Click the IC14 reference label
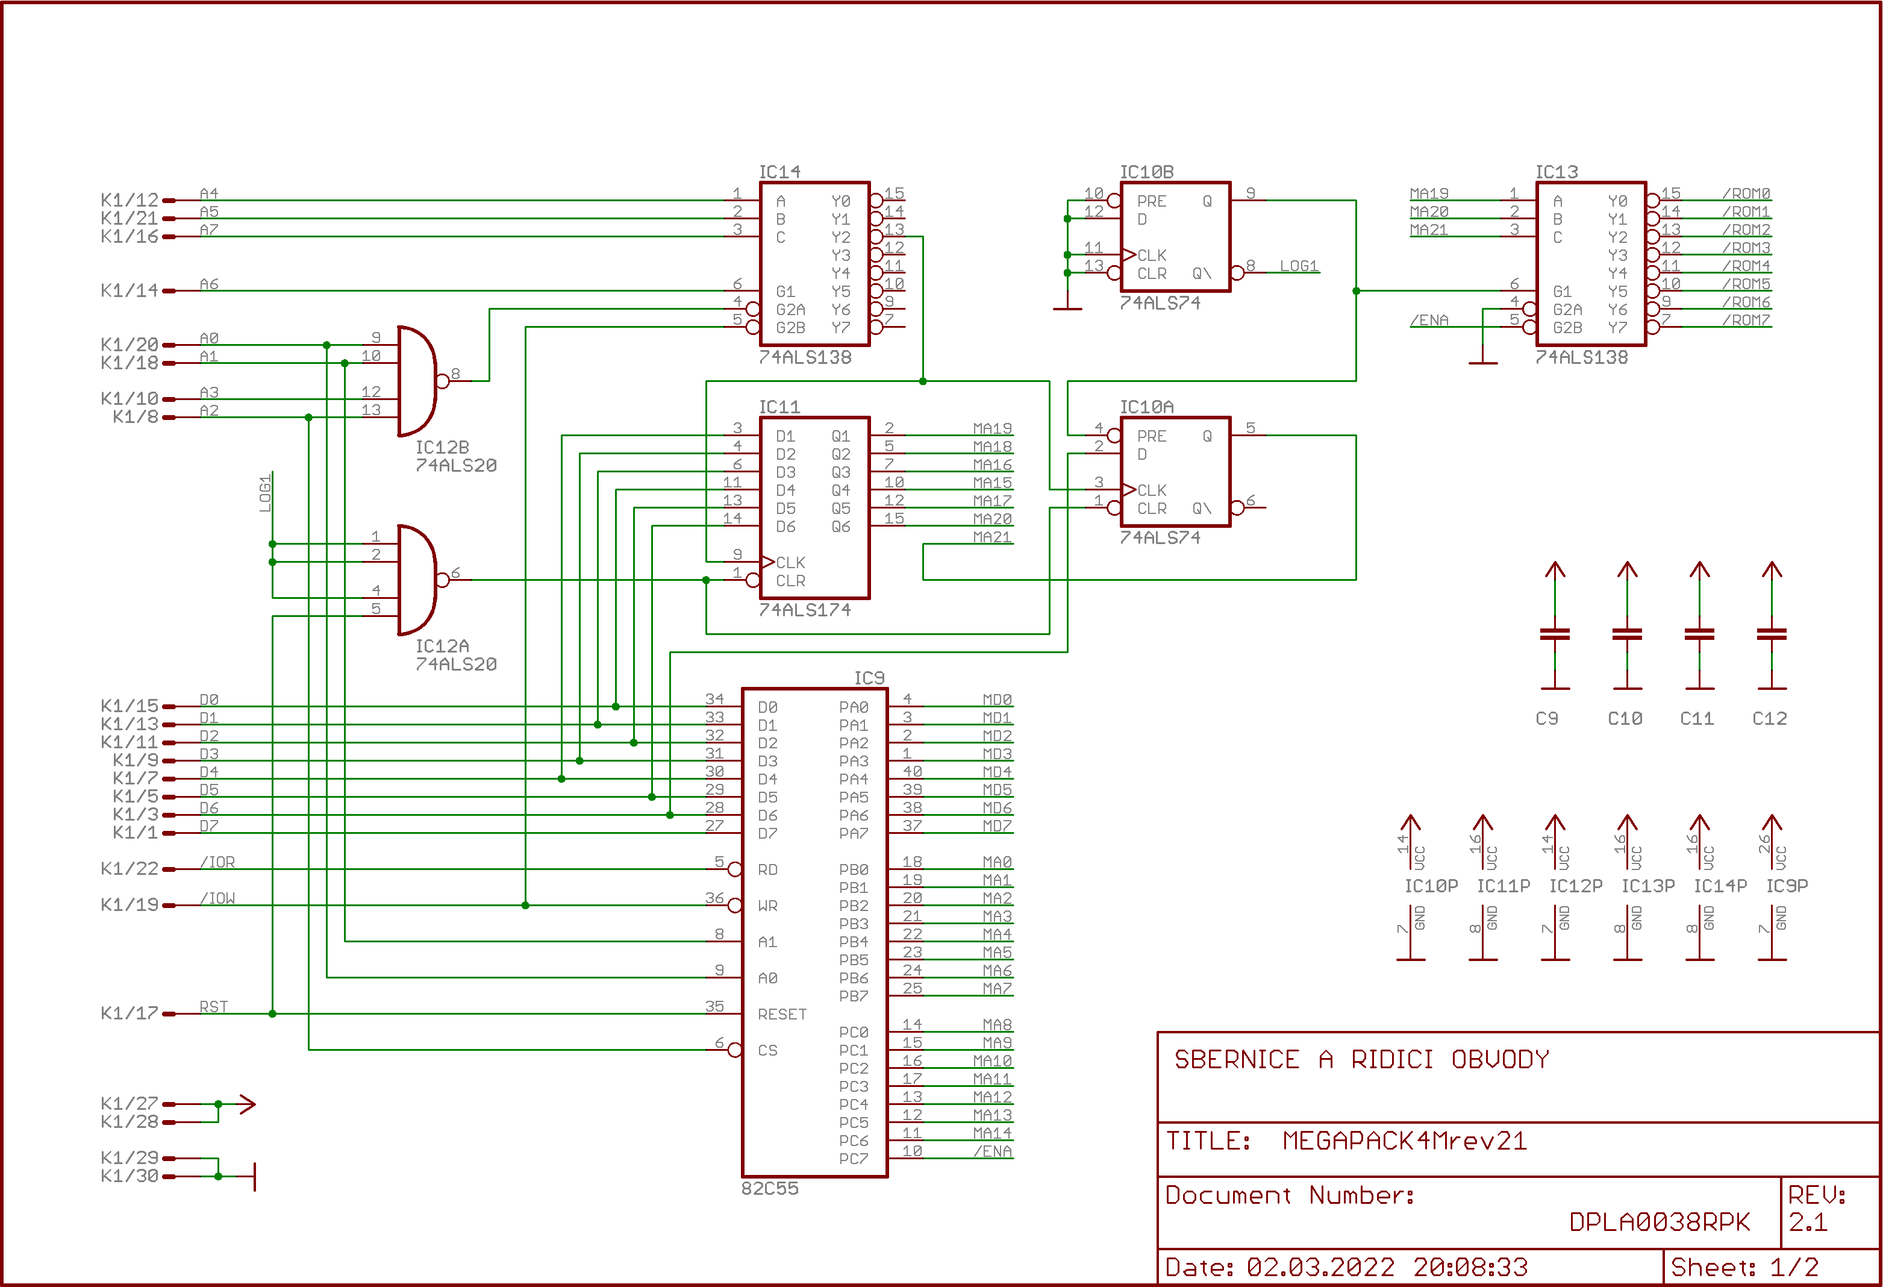[779, 172]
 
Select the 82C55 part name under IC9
[770, 1188]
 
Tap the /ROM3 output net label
[1746, 247]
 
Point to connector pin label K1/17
[130, 1013]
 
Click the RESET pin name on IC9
[782, 1014]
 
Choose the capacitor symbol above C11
[1699, 634]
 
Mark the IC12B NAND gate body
[418, 381]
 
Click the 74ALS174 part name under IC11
[805, 610]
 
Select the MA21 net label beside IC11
[993, 536]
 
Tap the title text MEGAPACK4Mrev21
[1404, 1141]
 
